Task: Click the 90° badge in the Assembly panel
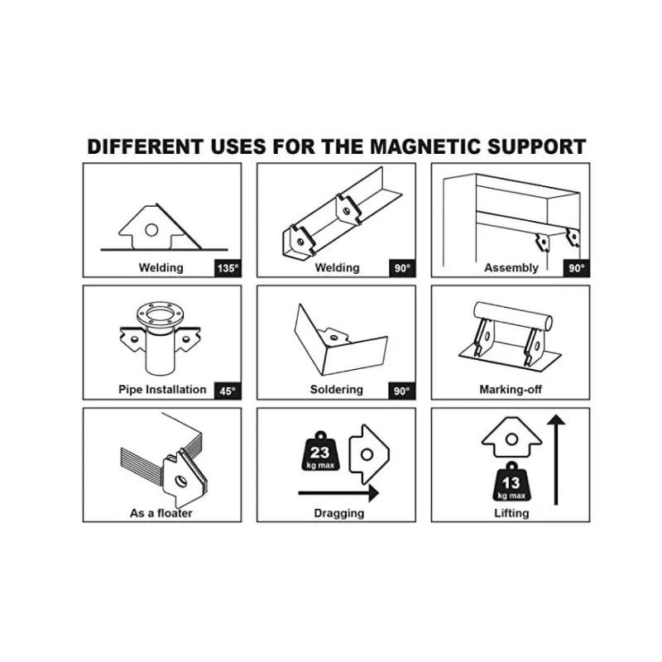point(576,268)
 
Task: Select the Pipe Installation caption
point(162,390)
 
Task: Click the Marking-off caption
point(511,390)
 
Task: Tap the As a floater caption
point(161,513)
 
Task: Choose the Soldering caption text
point(337,390)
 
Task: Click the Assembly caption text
point(511,268)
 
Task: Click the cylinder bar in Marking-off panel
point(511,314)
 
